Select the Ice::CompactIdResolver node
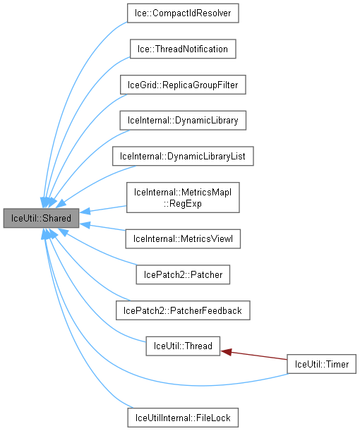tap(183, 13)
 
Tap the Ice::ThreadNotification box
tap(182, 49)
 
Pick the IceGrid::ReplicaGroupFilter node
tap(183, 85)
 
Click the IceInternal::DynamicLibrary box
tap(183, 121)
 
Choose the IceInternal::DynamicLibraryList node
tap(183, 156)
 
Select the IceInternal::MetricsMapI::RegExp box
tap(183, 197)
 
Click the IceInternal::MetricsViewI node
tap(183, 238)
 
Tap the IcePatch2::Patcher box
tap(183, 274)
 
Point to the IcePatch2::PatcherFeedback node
tap(183, 310)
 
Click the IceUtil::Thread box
tap(183, 346)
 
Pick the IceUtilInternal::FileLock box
tap(183, 418)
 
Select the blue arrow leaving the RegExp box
tap(106, 208)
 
